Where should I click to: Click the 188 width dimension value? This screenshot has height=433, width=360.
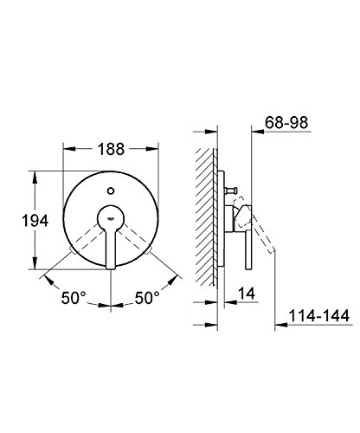tap(111, 149)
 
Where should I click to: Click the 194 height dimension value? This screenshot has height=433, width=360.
tap(35, 221)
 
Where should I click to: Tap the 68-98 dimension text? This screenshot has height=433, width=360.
tap(286, 123)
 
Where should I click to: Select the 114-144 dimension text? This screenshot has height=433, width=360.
tap(318, 315)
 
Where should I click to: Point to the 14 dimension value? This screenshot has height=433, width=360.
tap(247, 294)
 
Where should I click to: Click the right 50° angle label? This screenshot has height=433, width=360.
tap(147, 298)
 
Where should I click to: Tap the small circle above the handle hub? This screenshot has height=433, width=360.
tap(111, 191)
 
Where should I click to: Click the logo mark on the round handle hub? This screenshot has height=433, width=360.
tap(111, 218)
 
